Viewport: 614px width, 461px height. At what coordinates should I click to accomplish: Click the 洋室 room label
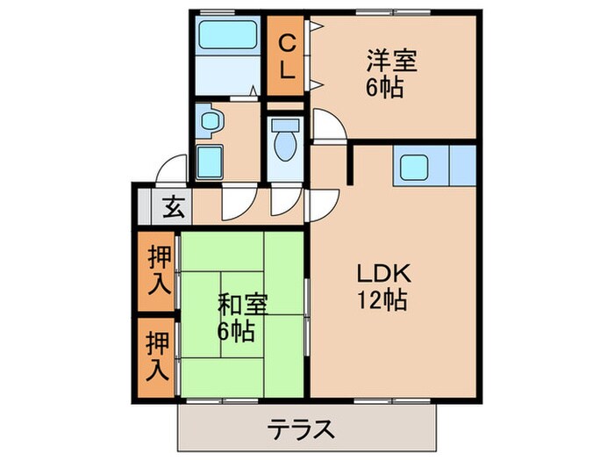(x=391, y=62)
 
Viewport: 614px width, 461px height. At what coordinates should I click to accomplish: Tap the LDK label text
(x=381, y=273)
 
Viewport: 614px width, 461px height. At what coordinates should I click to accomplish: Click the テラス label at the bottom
(x=301, y=429)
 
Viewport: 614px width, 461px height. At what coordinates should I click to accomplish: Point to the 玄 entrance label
(x=173, y=209)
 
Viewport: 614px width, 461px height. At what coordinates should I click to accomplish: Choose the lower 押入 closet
(x=158, y=356)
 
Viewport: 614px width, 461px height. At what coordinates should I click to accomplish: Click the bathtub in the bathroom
(x=225, y=36)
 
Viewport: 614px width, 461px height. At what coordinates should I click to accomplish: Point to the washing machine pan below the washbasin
(x=210, y=162)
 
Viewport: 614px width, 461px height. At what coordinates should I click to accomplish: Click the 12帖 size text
(x=380, y=300)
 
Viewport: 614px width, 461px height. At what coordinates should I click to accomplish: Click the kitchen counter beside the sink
(x=460, y=165)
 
